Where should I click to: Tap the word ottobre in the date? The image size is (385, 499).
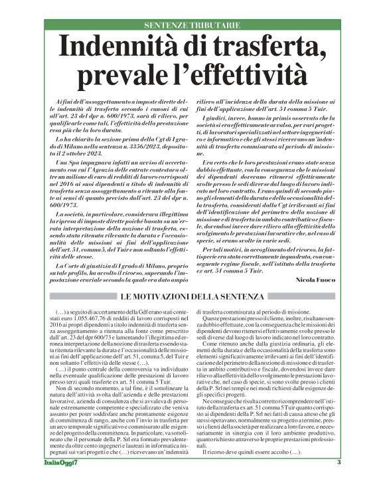(91, 152)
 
